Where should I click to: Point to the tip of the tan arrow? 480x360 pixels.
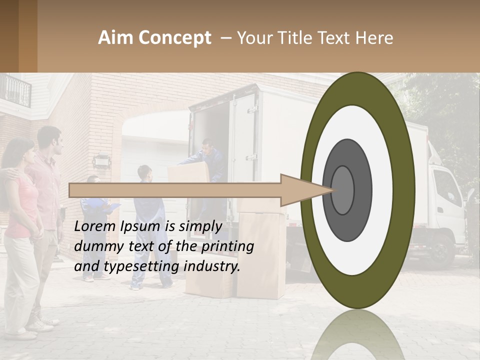click(334, 189)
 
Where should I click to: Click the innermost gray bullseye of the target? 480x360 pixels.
click(342, 190)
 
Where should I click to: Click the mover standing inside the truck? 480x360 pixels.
click(210, 157)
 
